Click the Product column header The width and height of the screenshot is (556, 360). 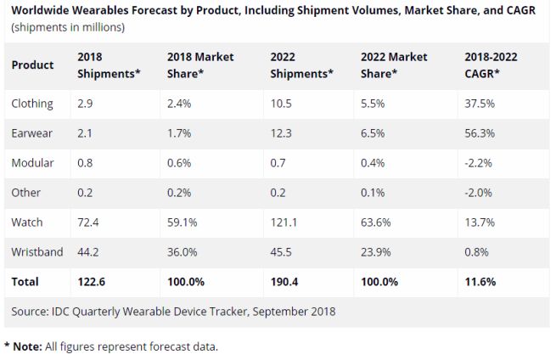[33, 65]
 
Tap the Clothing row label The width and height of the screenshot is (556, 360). [32, 104]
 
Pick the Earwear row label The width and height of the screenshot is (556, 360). [31, 132]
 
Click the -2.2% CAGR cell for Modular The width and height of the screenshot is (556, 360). [480, 162]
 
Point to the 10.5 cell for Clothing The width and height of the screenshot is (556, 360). [282, 104]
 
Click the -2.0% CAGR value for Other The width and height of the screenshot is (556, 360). [480, 192]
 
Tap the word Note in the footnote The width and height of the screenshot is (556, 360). [26, 346]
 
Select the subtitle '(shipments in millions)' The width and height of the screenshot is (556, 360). [68, 27]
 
